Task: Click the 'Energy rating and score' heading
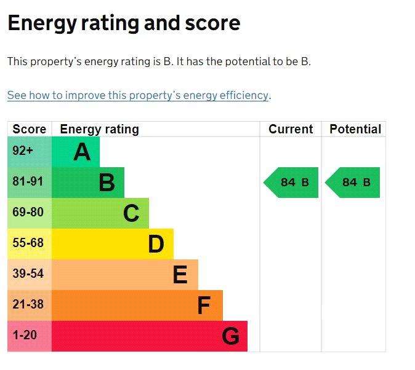point(124,24)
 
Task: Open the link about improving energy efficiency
point(138,95)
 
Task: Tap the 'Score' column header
point(29,129)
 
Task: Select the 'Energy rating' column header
point(100,130)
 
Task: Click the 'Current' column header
point(291,129)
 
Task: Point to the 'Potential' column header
point(355,129)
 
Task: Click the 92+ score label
point(23,151)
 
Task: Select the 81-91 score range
point(28,181)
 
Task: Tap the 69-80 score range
point(28,212)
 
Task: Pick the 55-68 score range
point(28,243)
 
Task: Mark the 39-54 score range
point(28,274)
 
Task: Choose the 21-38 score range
point(28,304)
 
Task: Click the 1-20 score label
point(25,335)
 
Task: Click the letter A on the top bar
point(82,152)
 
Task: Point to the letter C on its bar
point(131,213)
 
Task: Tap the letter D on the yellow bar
point(156,244)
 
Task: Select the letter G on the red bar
point(230,336)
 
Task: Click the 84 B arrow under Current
point(291,183)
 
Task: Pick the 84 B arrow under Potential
point(353,183)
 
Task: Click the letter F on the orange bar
point(204,305)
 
